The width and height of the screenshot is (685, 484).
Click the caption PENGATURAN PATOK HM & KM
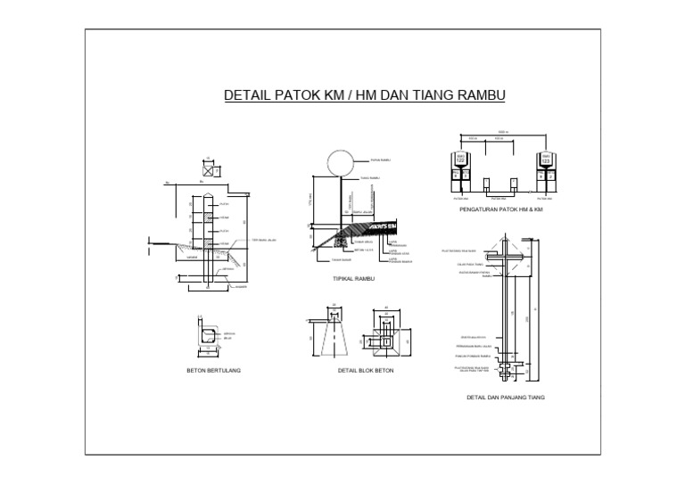[x=499, y=209]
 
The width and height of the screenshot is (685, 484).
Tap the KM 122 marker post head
[x=461, y=159]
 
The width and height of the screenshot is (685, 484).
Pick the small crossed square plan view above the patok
[x=208, y=164]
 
